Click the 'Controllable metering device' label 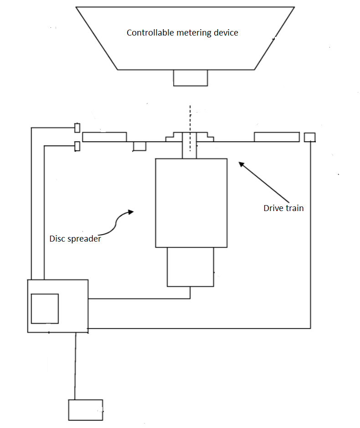(182, 33)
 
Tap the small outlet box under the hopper (190, 78)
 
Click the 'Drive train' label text (283, 208)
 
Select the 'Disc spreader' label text (75, 238)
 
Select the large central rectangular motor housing (191, 203)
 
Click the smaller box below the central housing (190, 267)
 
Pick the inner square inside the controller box (45, 309)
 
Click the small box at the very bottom (85, 410)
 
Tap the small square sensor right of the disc (309, 137)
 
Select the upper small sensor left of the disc (77, 128)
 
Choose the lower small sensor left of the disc (77, 146)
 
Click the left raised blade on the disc (104, 137)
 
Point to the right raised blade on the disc (277, 137)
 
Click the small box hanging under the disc (139, 146)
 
